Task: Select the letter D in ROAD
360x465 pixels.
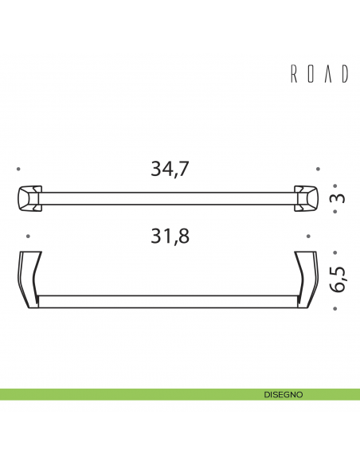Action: click(x=344, y=74)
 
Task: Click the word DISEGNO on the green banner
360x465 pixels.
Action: click(x=284, y=394)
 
